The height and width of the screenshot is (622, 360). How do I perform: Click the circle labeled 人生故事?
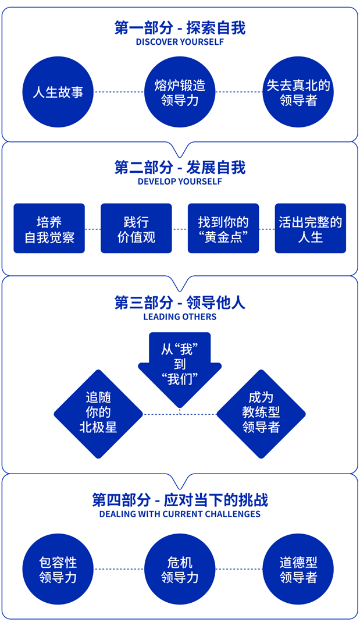point(58,92)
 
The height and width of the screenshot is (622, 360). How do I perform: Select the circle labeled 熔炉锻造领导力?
point(180,92)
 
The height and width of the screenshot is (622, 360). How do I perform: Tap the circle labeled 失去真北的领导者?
point(298,92)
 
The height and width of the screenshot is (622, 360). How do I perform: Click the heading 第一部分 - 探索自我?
point(180,28)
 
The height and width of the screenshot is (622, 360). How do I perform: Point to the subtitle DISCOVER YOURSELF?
point(180,42)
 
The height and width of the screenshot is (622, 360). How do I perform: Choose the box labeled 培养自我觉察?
point(49,229)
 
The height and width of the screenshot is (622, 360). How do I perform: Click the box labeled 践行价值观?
point(136,229)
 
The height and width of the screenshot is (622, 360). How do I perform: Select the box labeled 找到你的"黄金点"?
point(223,229)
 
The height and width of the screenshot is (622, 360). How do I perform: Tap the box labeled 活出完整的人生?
point(311,229)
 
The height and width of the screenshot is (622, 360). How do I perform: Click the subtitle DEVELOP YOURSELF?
point(180,182)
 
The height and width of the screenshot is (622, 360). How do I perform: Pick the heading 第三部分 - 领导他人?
point(180,303)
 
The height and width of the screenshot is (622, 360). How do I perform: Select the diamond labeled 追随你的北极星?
point(98,414)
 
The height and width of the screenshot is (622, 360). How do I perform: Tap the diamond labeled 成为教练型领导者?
point(261,414)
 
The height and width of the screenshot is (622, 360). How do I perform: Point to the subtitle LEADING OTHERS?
point(180,317)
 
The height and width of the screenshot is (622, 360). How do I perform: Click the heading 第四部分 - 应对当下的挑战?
point(180,500)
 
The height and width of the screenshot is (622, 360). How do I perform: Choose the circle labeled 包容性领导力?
point(58,569)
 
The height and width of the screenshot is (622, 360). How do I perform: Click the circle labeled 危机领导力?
point(180,569)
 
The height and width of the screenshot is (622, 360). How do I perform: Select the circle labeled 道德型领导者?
point(298,569)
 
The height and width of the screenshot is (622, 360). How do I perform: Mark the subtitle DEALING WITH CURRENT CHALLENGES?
point(180,514)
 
